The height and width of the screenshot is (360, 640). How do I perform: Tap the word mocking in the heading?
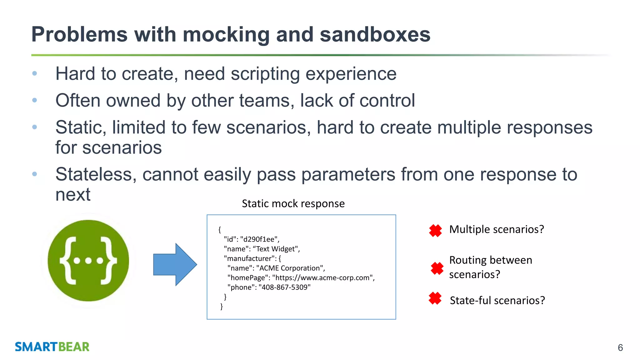[226, 35]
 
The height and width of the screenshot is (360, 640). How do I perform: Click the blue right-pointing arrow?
[175, 264]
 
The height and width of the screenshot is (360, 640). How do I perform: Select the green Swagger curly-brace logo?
[88, 260]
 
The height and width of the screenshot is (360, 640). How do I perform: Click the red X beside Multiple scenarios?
[435, 231]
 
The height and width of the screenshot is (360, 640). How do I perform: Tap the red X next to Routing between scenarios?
[437, 268]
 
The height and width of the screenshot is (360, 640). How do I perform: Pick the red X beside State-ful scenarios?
[435, 298]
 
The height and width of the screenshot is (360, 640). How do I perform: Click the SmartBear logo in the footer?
[52, 347]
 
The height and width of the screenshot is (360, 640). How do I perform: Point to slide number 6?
[620, 347]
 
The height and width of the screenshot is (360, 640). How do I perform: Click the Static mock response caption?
[293, 204]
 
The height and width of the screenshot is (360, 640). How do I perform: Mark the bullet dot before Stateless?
[35, 174]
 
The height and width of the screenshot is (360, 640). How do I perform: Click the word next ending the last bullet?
[73, 195]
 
